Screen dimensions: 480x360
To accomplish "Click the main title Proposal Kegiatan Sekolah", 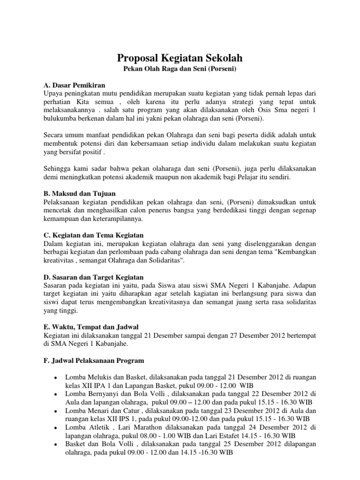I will pyautogui.click(x=180, y=58).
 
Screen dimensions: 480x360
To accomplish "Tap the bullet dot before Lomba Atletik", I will pyautogui.click(x=56, y=428).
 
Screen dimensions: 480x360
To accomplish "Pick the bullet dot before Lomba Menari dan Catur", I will pyautogui.click(x=56, y=412).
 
